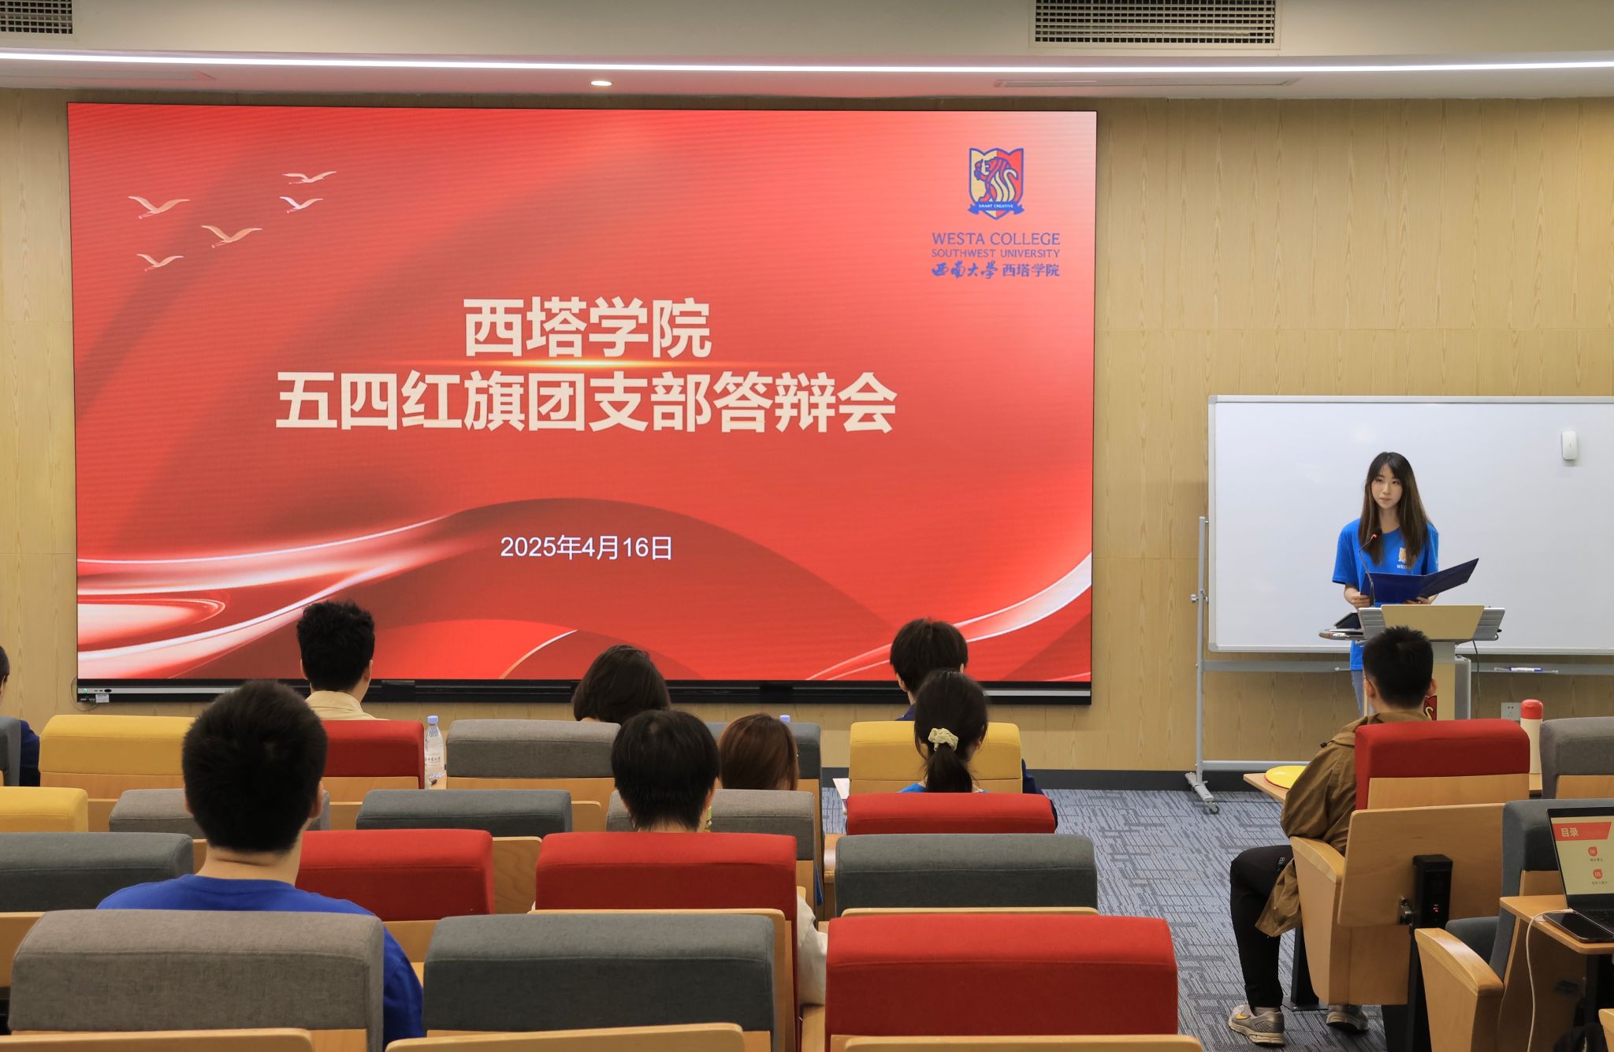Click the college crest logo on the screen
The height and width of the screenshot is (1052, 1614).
tap(996, 182)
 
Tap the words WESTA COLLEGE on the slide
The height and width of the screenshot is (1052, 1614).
tap(995, 239)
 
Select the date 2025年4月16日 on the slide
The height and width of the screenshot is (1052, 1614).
tap(586, 548)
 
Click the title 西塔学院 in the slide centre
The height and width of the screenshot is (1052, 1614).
tap(587, 328)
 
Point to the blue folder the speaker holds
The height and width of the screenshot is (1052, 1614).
tap(1419, 582)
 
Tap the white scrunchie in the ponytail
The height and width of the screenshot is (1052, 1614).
tap(943, 738)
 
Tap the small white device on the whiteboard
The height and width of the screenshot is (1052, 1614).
tap(1569, 444)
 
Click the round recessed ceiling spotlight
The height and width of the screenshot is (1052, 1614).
tap(601, 83)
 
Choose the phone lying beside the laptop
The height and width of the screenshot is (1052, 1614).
tap(1575, 927)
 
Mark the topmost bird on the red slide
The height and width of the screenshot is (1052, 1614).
tap(310, 177)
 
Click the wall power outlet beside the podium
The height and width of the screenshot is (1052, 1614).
tap(1510, 711)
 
